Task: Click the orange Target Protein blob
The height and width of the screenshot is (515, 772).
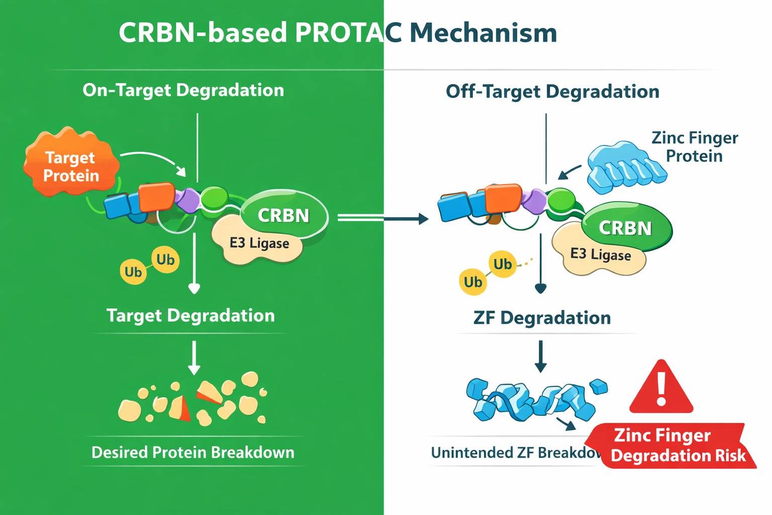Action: click(x=70, y=164)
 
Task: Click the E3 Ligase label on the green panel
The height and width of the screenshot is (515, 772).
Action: click(x=259, y=243)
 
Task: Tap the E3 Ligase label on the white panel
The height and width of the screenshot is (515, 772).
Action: click(x=600, y=254)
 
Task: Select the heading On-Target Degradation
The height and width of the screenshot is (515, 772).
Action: click(x=183, y=90)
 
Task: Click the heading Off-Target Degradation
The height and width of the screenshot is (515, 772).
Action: click(x=552, y=92)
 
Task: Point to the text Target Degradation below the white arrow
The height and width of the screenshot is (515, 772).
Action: click(x=190, y=315)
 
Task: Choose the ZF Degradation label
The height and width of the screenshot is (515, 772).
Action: click(x=542, y=318)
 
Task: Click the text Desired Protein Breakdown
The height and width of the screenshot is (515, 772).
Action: click(x=192, y=452)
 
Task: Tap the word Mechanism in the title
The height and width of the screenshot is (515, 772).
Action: click(x=483, y=33)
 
